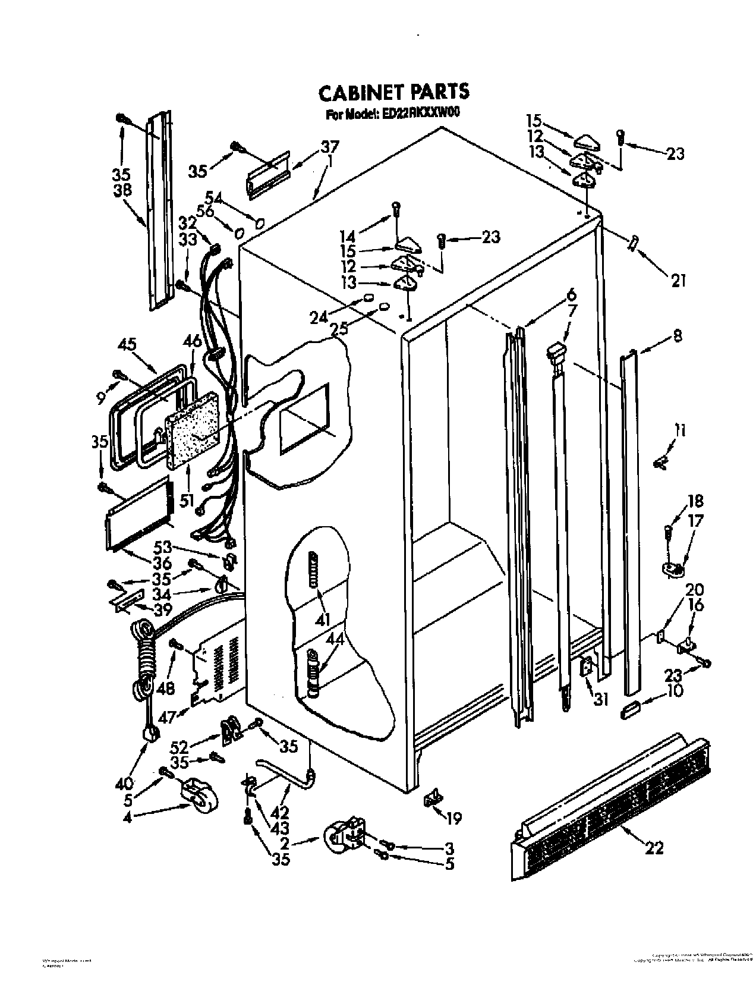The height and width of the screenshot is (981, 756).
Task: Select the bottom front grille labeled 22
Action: pos(612,796)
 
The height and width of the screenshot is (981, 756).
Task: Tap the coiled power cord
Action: pos(143,660)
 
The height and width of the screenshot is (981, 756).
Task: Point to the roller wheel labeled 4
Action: pos(199,796)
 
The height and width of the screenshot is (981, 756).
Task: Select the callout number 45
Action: pos(127,344)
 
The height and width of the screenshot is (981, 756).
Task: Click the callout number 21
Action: pos(678,279)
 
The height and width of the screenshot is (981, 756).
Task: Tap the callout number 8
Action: pos(677,336)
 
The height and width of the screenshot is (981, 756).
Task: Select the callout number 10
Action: pos(675,691)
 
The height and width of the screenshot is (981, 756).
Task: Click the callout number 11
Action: pos(680,430)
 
